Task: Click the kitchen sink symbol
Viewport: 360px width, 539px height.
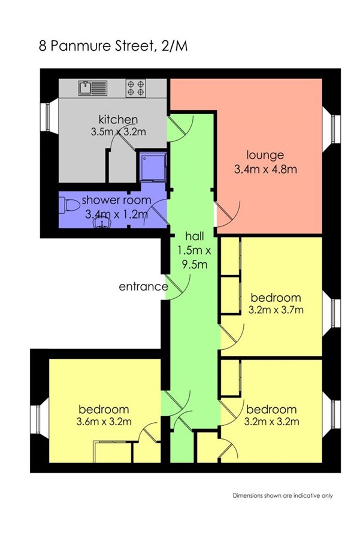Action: click(93, 88)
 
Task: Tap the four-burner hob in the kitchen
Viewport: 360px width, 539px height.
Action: click(135, 88)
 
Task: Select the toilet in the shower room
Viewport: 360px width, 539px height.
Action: click(69, 206)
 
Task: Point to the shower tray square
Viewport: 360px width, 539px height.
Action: click(153, 166)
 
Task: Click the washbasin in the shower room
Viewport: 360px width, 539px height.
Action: click(102, 223)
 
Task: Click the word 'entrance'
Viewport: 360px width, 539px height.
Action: click(143, 287)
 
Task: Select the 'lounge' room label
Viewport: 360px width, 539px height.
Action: click(265, 155)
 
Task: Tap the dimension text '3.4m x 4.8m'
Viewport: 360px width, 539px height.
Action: click(265, 169)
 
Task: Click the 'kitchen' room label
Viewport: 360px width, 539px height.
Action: click(118, 119)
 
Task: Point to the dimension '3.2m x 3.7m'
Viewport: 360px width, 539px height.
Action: click(276, 310)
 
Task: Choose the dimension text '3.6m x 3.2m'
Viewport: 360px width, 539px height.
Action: click(104, 421)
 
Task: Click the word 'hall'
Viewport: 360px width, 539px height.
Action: click(194, 236)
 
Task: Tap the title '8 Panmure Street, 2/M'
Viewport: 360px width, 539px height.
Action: click(113, 46)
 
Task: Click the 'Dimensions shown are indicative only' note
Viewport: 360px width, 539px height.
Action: click(283, 496)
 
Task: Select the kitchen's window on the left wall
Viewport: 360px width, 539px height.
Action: click(46, 117)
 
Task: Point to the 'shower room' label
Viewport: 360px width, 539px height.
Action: click(116, 200)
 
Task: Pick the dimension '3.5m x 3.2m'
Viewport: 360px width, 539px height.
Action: click(118, 132)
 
